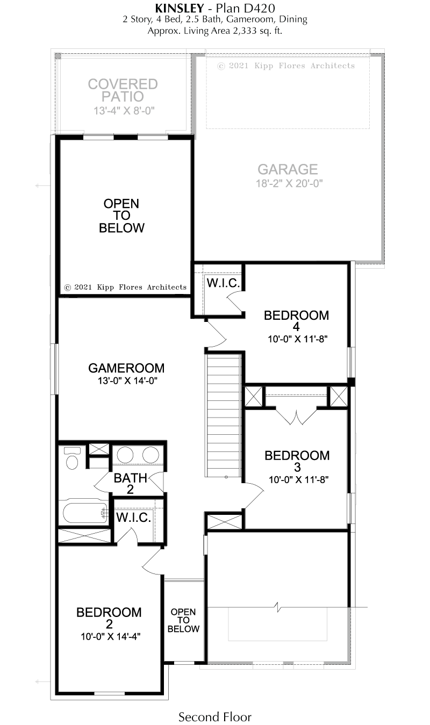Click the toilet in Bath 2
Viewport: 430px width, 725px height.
click(x=72, y=458)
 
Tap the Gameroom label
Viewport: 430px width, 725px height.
click(x=126, y=368)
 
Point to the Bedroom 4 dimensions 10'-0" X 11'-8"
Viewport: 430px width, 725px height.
click(x=298, y=339)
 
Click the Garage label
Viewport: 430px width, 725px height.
click(x=288, y=169)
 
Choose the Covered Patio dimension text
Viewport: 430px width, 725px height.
click(x=124, y=111)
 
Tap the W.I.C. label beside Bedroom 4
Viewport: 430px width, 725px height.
click(x=223, y=283)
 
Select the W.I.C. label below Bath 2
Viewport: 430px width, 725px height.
click(x=133, y=518)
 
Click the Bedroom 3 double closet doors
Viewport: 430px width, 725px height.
click(x=296, y=416)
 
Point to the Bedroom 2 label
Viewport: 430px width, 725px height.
click(x=109, y=618)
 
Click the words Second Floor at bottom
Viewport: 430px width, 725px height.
click(x=215, y=717)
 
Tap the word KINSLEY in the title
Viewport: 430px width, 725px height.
click(x=180, y=8)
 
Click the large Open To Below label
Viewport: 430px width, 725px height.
click(x=121, y=216)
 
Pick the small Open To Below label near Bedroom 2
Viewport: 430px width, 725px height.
click(x=183, y=620)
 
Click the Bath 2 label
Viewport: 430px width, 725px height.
click(x=130, y=484)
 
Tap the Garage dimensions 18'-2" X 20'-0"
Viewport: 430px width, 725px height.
click(x=289, y=183)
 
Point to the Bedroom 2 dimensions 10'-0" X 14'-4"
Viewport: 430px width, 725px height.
click(x=110, y=637)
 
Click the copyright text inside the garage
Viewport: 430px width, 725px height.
click(x=286, y=66)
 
